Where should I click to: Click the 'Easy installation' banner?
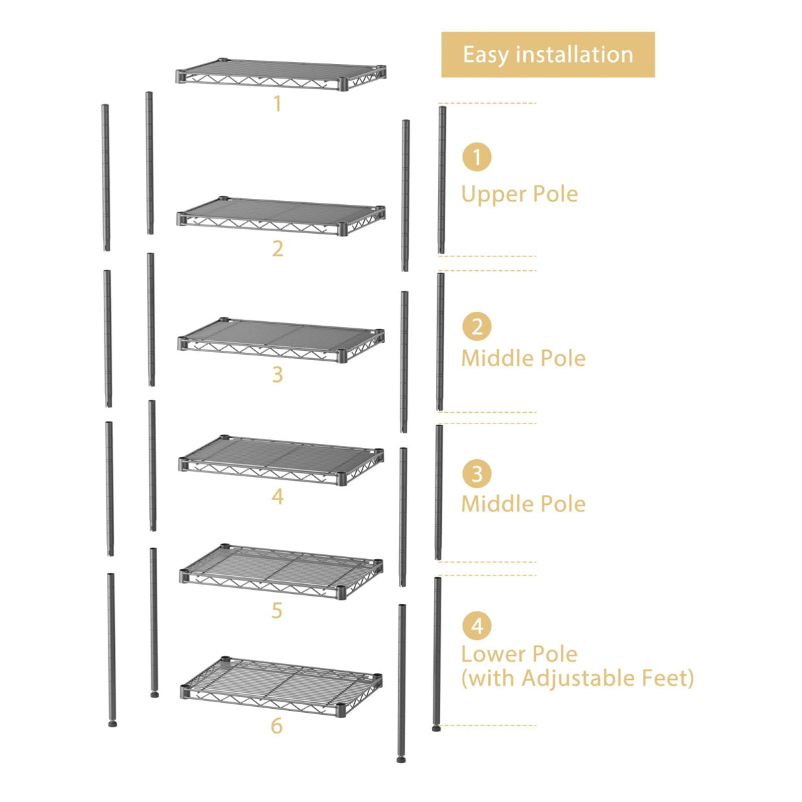[548, 55]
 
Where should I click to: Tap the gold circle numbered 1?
[476, 157]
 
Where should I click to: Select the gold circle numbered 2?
[476, 326]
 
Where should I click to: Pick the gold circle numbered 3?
[476, 474]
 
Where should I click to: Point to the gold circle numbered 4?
[476, 626]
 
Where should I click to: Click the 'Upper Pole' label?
[519, 194]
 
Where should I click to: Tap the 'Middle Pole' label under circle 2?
[523, 358]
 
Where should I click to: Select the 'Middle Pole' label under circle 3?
[523, 504]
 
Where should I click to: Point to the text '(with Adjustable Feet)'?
[577, 678]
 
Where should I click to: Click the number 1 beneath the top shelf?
[277, 104]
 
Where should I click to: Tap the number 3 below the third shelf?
[277, 375]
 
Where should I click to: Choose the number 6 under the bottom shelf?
[277, 726]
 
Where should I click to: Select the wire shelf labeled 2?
[281, 216]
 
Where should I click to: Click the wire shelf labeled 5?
[281, 571]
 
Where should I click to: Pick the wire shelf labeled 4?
[281, 459]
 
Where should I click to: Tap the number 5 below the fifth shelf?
[277, 611]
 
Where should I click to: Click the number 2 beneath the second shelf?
[277, 249]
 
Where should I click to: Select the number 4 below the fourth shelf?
[277, 497]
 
